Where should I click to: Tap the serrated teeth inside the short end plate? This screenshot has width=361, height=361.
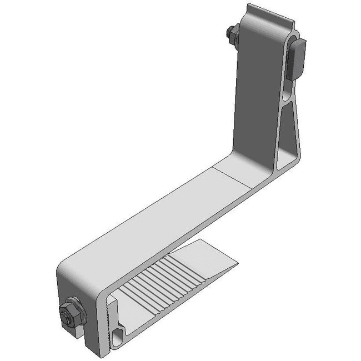(x=107, y=317)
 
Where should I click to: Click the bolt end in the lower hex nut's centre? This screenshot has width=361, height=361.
(x=68, y=312)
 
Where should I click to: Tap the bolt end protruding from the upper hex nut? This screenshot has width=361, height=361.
(x=228, y=35)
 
